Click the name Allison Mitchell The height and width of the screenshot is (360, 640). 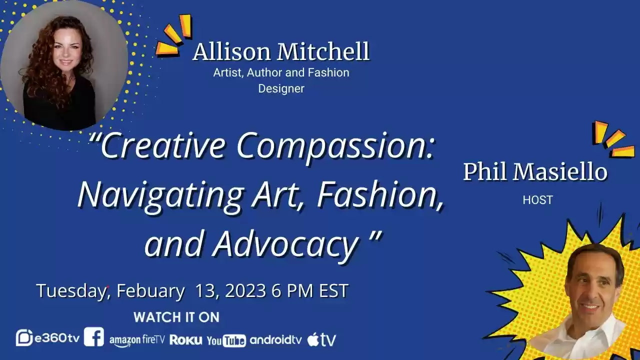pos(281,52)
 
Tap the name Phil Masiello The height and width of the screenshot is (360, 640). pos(535,172)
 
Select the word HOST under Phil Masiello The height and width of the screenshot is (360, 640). pos(537,200)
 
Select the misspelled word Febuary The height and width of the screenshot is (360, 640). pos(150,291)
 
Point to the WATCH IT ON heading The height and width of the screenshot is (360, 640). pos(176,317)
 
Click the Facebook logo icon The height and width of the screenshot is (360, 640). pos(94,337)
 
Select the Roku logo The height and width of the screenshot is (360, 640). pos(186,340)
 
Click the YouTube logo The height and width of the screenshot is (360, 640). pos(226,340)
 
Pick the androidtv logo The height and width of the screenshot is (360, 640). pos(276,340)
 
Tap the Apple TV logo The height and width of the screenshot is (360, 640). pos(321,339)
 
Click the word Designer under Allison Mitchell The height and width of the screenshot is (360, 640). pos(281,88)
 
